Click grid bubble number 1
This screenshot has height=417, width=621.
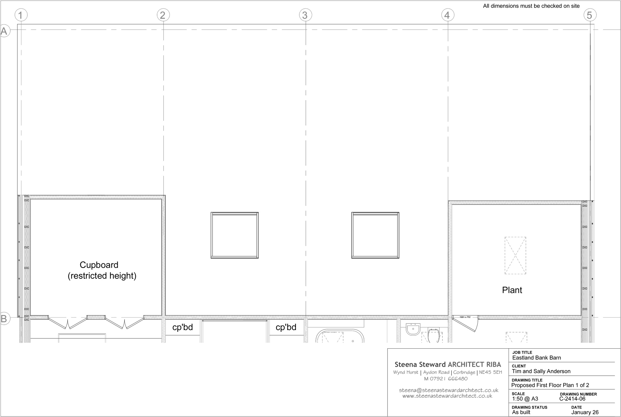coord(21,15)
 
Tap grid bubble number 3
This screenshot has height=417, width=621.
coord(305,15)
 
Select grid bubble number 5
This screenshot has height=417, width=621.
coord(590,15)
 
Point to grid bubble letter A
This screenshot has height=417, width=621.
coord(4,31)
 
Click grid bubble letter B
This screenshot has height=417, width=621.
coord(4,318)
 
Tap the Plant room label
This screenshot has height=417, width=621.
coord(512,290)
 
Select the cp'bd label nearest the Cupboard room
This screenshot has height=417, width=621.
coord(183,327)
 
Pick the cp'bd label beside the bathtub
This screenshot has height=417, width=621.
coord(286,327)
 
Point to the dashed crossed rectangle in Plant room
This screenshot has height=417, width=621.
coord(515,255)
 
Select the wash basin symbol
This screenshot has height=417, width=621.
coord(413,330)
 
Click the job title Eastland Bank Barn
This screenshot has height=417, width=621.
coord(537,358)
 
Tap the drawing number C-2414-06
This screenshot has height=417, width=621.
coord(572,399)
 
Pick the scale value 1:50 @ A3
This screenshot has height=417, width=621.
coord(525,399)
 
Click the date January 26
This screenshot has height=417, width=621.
coord(585,412)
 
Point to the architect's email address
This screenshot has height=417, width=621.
coord(448,390)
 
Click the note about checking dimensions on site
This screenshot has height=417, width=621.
coord(531,6)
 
